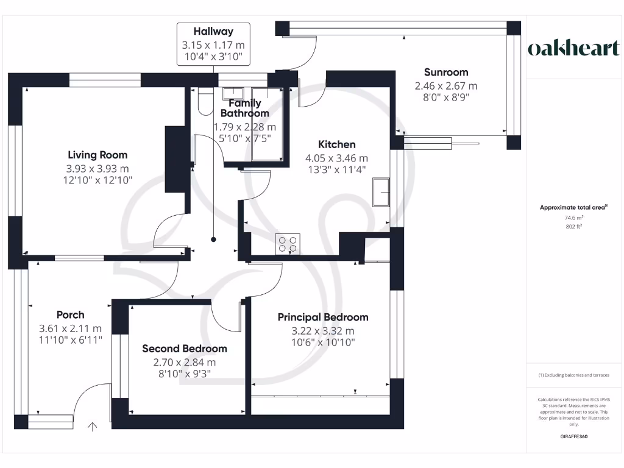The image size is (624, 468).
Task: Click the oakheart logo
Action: (573, 48)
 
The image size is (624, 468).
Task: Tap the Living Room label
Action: (97, 155)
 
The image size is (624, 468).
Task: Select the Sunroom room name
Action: (446, 72)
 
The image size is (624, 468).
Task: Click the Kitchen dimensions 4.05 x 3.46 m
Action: (336, 158)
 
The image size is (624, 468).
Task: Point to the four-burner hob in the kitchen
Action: (288, 244)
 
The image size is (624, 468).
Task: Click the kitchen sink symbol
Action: (381, 192)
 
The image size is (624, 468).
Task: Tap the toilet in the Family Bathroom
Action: (206, 102)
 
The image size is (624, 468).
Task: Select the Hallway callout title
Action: (213, 31)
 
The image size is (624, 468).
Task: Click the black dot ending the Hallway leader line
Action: (213, 239)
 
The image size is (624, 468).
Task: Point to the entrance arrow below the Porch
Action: (93, 427)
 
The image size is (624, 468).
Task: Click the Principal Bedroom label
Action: (323, 317)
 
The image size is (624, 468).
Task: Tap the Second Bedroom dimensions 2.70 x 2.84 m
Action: (185, 363)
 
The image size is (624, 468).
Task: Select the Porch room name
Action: (71, 315)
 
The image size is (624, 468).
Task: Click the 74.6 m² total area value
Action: (574, 218)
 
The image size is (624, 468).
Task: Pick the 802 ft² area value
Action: (574, 227)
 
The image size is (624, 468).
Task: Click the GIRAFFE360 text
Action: (574, 436)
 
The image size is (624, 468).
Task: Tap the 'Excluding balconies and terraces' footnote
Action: (574, 375)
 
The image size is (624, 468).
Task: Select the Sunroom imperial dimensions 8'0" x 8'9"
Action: (446, 97)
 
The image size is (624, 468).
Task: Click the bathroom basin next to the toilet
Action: (233, 93)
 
